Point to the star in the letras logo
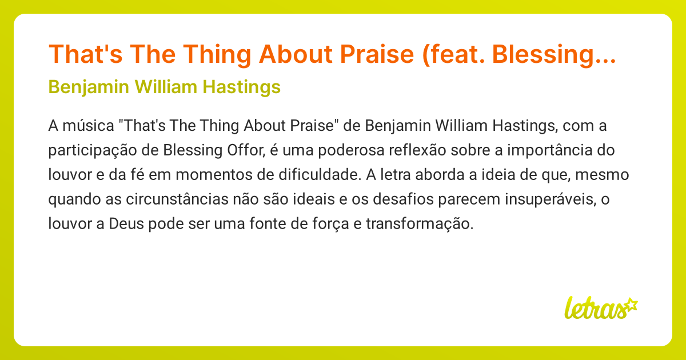631,305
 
